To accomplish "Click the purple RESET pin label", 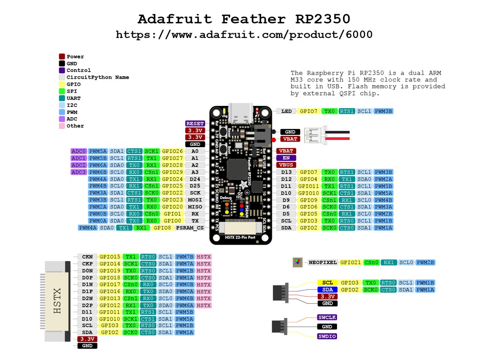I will click(195, 124).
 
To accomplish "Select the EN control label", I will click(286, 158).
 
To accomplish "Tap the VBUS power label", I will click(286, 165).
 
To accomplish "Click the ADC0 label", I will click(78, 151).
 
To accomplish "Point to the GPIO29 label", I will click(172, 172).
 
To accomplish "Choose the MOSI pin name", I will click(195, 200).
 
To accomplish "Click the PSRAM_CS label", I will click(190, 228).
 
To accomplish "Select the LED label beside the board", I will click(286, 112).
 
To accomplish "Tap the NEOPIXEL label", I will click(323, 262).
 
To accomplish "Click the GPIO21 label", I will click(351, 262).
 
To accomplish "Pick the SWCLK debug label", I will click(327, 317).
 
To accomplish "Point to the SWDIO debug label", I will click(327, 337).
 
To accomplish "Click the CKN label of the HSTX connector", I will click(87, 257).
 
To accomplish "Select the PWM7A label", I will click(185, 264).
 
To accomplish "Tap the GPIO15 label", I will click(110, 257).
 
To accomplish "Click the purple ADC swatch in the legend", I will click(62, 119).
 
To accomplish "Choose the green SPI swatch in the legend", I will click(62, 91).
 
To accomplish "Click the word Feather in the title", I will click(253, 19).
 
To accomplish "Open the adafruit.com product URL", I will click(244, 35).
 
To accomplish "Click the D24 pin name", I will click(195, 179).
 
